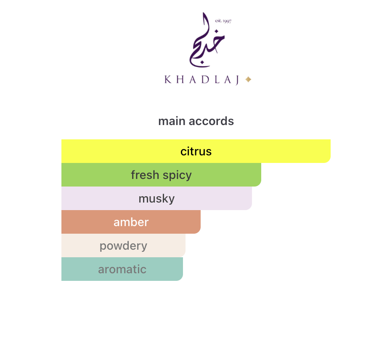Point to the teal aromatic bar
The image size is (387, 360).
tap(164, 269)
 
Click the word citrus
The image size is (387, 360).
tap(196, 151)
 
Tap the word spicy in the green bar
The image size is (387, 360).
tap(177, 175)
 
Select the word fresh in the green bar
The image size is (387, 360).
tap(143, 175)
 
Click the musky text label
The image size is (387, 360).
tap(156, 199)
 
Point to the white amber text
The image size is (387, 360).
tap(131, 222)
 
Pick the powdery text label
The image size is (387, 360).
tap(123, 246)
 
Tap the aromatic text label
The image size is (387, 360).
tap(122, 269)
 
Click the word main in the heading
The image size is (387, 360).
tap(172, 121)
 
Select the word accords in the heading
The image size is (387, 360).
tap(211, 121)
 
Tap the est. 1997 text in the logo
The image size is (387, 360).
tap(223, 21)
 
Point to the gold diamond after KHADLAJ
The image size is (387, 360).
tap(248, 79)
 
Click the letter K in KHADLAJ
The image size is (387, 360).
tap(168, 80)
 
